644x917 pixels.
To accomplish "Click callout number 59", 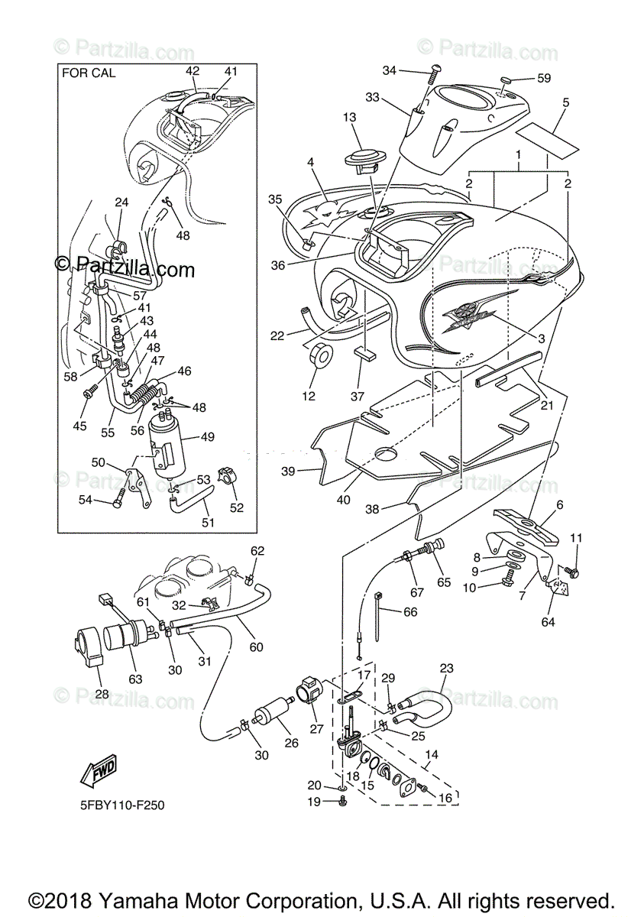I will click(x=543, y=77).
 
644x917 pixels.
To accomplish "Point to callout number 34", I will click(x=390, y=71).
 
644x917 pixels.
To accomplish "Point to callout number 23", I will click(x=446, y=669).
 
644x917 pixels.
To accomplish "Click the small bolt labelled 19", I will click(x=341, y=801).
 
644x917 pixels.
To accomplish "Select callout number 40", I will click(x=343, y=500).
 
